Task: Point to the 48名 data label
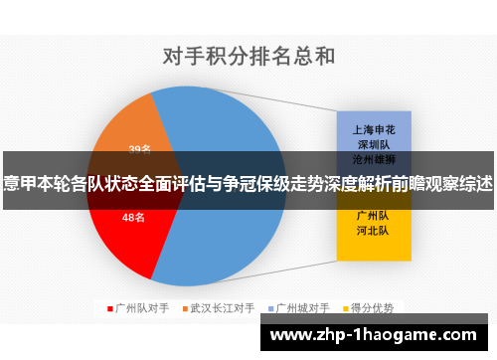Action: point(133,217)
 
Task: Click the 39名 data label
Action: point(140,149)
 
